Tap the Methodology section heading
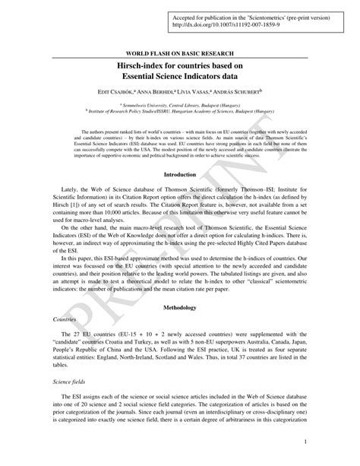180,307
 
